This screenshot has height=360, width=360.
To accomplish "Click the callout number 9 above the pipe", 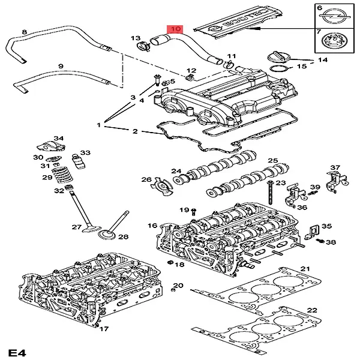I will (61, 65).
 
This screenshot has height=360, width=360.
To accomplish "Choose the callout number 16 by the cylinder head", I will (152, 226).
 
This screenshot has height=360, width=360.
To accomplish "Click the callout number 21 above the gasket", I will (305, 268).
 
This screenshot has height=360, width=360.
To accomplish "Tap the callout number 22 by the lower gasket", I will (311, 310).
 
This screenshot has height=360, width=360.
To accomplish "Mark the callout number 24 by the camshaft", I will (176, 171).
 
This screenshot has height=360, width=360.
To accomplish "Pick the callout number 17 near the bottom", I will (104, 329).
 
